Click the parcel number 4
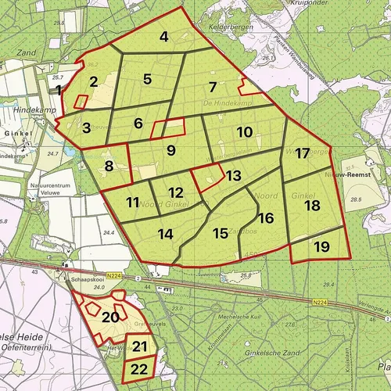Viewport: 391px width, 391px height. click(x=164, y=36)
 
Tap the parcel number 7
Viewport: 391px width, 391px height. click(x=212, y=86)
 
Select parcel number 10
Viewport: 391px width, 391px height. click(x=244, y=132)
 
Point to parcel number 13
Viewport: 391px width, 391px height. click(x=233, y=176)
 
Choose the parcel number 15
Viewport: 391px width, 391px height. click(x=221, y=232)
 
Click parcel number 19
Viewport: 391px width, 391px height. click(x=321, y=247)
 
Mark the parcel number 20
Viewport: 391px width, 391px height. click(x=110, y=317)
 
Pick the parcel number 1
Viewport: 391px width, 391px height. click(x=59, y=91)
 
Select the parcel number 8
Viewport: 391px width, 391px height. click(x=109, y=165)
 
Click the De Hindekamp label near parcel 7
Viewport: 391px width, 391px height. click(x=219, y=102)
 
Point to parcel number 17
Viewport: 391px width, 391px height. click(x=302, y=153)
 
